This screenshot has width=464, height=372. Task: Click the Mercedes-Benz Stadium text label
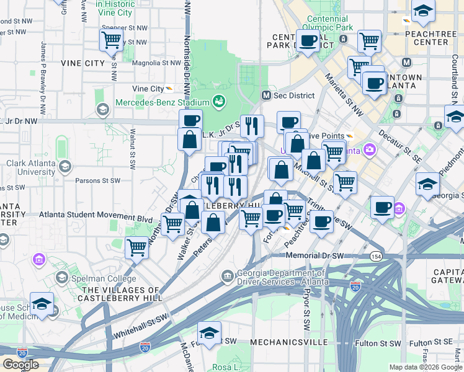coord(163,102)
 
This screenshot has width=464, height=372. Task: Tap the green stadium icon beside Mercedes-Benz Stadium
coord(218,101)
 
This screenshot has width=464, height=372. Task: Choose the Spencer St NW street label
coord(124,28)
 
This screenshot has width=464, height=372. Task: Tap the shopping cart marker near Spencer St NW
coord(111,41)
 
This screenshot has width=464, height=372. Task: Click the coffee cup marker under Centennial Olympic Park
coord(308,42)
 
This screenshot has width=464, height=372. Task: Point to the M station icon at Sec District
coord(266,95)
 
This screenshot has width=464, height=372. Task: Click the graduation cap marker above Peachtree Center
coord(423,11)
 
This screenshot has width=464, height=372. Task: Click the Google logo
coord(20,365)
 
